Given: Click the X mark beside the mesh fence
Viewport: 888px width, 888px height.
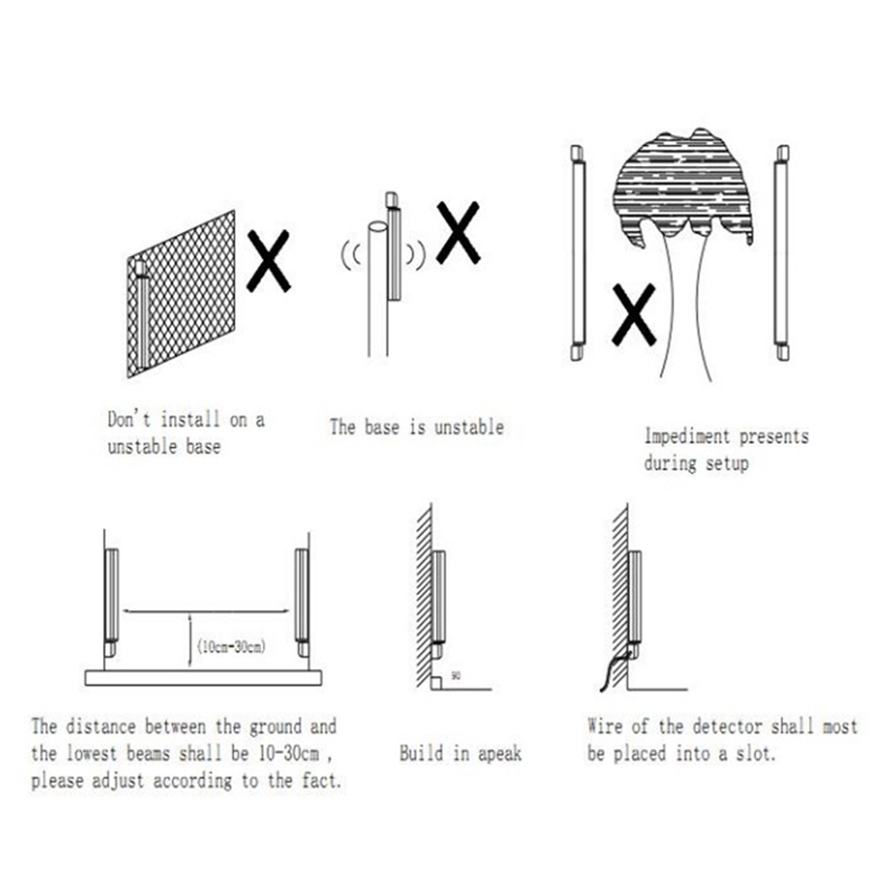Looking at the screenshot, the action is (x=267, y=261).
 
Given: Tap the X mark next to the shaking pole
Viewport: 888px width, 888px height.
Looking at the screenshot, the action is (x=458, y=231).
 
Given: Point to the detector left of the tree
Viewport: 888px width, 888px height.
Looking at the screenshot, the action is (x=578, y=253).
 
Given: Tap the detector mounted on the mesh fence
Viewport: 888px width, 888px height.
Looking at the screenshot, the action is (x=142, y=315).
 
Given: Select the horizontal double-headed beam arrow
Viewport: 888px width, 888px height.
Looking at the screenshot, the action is (x=207, y=611).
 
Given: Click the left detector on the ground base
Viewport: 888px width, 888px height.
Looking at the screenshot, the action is (x=110, y=599).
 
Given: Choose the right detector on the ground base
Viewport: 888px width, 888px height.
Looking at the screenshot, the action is (x=302, y=599).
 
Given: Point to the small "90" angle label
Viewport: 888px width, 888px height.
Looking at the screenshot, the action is (x=456, y=677).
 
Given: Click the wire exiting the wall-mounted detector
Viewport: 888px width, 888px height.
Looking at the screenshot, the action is (x=613, y=668).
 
